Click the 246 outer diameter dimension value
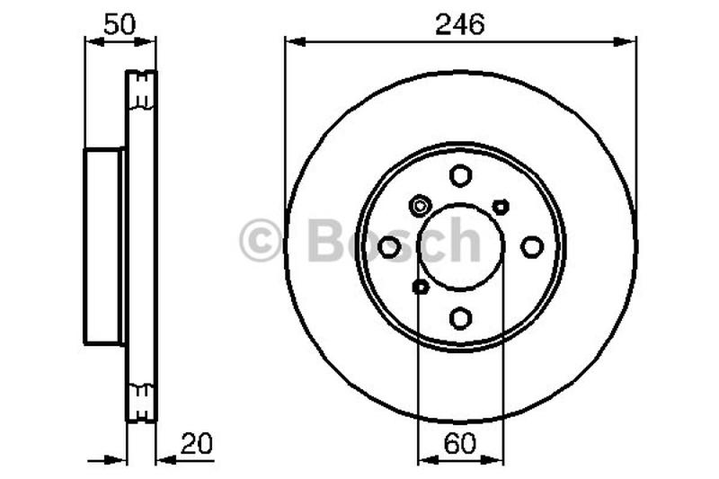[x=460, y=24]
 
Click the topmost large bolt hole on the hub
[x=460, y=175]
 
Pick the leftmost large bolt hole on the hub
[x=389, y=246]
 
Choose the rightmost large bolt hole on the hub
[x=532, y=246]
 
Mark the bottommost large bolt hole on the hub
[x=460, y=317]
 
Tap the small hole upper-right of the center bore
[x=501, y=207]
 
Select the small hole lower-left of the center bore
[x=420, y=287]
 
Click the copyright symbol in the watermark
[x=261, y=242]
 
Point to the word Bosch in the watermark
[x=394, y=240]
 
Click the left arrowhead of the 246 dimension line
[x=292, y=40]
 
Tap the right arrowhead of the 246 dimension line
[x=629, y=40]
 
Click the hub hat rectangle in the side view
[x=104, y=246]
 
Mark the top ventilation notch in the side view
[x=140, y=89]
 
